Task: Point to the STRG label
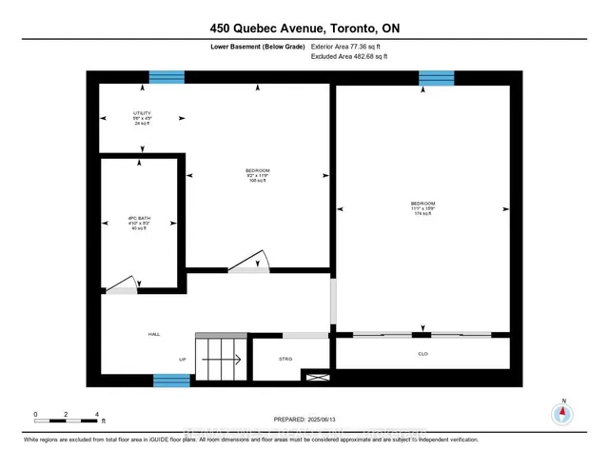coord(285,359)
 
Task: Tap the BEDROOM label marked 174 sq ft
coord(423,208)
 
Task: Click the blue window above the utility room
coord(166,77)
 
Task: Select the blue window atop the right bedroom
coord(436,77)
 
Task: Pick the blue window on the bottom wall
coord(172,381)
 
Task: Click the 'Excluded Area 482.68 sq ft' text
coord(350,56)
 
